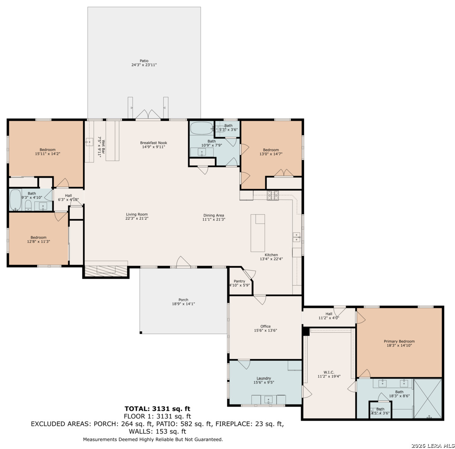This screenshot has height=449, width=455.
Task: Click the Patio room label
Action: click(144, 61)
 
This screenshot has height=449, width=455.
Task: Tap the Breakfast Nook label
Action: click(153, 143)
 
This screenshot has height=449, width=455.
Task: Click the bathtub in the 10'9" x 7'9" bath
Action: click(202, 128)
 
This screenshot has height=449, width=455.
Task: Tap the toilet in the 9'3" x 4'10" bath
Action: click(28, 205)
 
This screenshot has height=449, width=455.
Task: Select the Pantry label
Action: click(239, 281)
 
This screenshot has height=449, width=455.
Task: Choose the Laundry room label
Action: click(264, 378)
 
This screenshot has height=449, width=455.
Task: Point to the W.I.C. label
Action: click(329, 372)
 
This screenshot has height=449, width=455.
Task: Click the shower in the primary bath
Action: click(428, 399)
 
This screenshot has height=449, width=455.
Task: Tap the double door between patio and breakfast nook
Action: click(148, 115)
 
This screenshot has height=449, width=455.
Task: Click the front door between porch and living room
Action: click(183, 262)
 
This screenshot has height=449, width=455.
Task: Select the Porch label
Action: click(183, 300)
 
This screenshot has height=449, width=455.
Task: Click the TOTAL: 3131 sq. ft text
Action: click(157, 409)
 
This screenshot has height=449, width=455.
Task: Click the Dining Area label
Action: click(214, 215)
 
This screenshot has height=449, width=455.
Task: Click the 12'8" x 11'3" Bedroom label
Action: click(38, 237)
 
